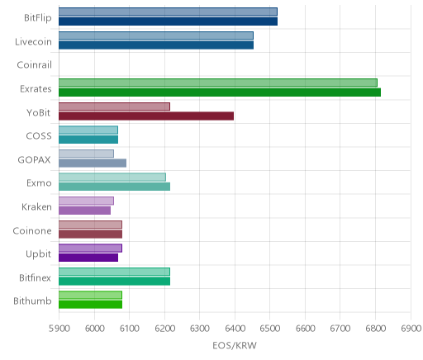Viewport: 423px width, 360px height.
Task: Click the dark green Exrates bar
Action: pyautogui.click(x=220, y=92)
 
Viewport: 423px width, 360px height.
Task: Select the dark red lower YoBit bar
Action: pyautogui.click(x=146, y=116)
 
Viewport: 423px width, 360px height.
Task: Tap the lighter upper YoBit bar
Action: pyautogui.click(x=114, y=107)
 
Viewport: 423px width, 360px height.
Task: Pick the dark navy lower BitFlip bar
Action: pyautogui.click(x=168, y=21)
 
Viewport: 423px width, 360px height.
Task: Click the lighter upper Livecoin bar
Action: pyautogui.click(x=156, y=36)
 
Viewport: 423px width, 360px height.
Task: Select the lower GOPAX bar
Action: pyautogui.click(x=93, y=163)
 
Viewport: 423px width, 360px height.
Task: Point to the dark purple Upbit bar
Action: pyautogui.click(x=88, y=258)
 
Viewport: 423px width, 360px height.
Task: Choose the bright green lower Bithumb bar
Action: pyautogui.click(x=90, y=305)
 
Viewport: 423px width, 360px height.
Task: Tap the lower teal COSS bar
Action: pyautogui.click(x=88, y=140)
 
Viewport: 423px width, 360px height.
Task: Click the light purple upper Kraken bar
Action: pyautogui.click(x=86, y=201)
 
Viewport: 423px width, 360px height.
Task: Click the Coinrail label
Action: pyautogui.click(x=34, y=65)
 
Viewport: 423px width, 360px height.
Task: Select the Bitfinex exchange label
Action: pyautogui.click(x=35, y=277)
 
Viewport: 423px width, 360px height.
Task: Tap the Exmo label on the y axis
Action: pyautogui.click(x=39, y=183)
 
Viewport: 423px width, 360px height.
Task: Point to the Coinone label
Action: pyautogui.click(x=32, y=230)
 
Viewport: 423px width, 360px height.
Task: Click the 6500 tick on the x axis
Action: pyautogui.click(x=269, y=329)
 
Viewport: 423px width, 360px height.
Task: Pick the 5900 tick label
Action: pyautogui.click(x=59, y=329)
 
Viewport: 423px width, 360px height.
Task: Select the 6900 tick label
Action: pyautogui.click(x=411, y=329)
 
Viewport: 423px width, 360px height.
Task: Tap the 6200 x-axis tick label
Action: pyautogui.click(x=164, y=329)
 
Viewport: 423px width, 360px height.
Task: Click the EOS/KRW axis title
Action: pyautogui.click(x=235, y=346)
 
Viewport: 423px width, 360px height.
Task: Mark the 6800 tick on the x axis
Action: pyautogui.click(x=375, y=329)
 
